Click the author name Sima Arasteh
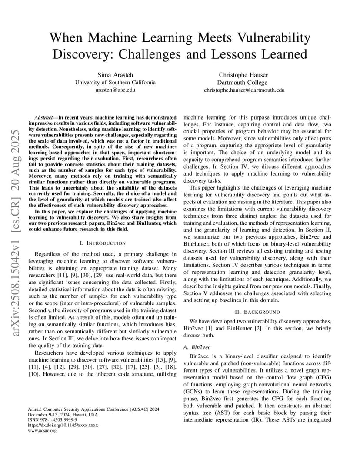(115, 75)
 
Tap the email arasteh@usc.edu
(115, 90)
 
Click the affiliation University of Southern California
(115, 82)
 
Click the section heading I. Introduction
(103, 243)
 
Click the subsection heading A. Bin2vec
(197, 347)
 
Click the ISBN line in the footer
(47, 420)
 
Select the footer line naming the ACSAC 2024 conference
(93, 409)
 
